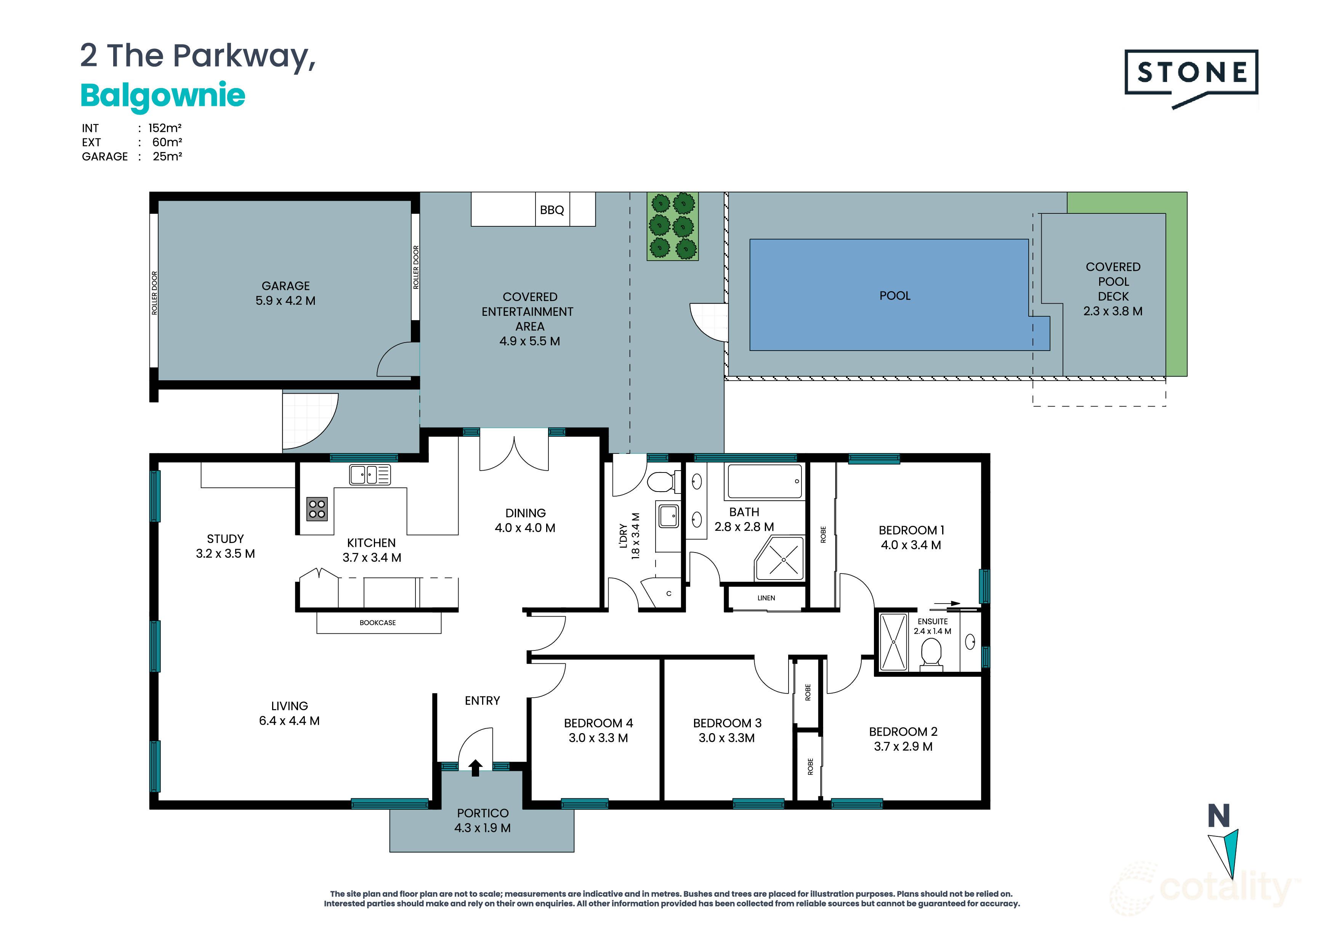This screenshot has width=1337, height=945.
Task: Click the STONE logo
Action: [x=1191, y=73]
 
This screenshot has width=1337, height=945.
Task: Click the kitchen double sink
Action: [x=370, y=474]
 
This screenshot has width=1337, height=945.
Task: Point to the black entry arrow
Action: [x=475, y=767]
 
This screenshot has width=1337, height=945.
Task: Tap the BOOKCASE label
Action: [x=377, y=622]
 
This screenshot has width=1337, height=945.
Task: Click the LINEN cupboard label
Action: [x=766, y=598]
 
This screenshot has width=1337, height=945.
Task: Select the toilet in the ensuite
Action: [x=931, y=653]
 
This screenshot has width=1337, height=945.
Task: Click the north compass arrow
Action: [x=1226, y=853]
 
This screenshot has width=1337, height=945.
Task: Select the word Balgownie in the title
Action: [x=162, y=96]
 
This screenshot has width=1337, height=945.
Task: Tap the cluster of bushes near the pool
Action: [x=672, y=226]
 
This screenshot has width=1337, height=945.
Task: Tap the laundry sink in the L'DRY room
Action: [x=668, y=515]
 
